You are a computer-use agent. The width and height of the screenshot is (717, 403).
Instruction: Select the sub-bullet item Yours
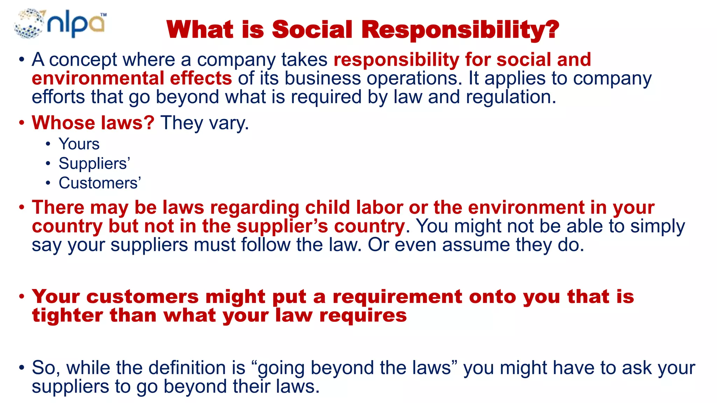79,144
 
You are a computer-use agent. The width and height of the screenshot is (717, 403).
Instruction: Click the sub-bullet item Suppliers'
94,164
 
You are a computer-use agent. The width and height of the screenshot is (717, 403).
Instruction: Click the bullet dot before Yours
48,144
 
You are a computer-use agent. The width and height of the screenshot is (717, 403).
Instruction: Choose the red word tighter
68,315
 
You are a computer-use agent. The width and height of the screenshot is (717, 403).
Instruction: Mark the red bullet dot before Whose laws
22,123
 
